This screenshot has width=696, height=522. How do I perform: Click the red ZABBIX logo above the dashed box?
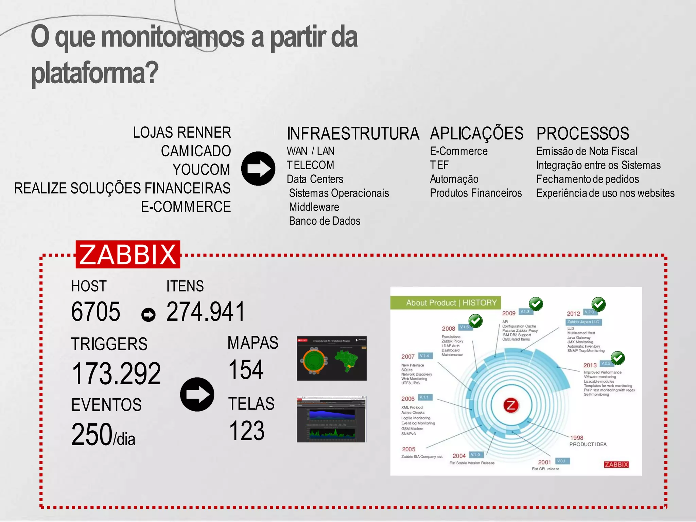[x=128, y=255]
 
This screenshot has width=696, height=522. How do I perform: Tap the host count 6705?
[x=95, y=312]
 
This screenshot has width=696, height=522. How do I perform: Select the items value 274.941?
[x=206, y=312]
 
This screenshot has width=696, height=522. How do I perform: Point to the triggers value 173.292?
[x=116, y=373]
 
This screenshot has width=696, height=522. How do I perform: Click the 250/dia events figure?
[x=103, y=434]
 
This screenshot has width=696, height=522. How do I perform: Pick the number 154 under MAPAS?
[x=246, y=370]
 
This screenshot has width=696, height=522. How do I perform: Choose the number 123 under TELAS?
[x=247, y=431]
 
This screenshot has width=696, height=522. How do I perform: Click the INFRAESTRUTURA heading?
[x=353, y=134]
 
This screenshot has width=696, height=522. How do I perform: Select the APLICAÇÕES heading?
[x=476, y=133]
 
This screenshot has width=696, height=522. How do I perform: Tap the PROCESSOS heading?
[x=582, y=134]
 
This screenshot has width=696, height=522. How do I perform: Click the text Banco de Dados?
[x=325, y=221]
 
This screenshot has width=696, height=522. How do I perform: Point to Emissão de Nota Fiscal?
[x=587, y=151]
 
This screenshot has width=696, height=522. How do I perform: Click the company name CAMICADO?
[x=196, y=151]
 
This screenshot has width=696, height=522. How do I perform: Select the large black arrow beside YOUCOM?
[x=258, y=169]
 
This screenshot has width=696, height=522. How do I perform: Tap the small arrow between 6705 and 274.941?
[x=149, y=315]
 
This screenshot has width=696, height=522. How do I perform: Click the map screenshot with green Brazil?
[x=332, y=359]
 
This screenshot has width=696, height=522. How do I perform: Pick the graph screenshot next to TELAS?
[x=331, y=419]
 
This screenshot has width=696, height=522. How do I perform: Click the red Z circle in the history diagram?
[x=511, y=405]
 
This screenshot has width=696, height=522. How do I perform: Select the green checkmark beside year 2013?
[x=618, y=358]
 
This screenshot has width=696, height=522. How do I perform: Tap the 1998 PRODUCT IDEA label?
[x=587, y=441]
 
